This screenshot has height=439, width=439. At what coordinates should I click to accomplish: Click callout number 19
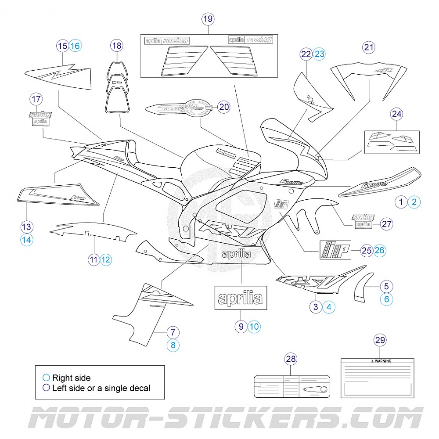208,19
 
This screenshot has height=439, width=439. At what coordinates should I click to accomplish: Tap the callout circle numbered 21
369,47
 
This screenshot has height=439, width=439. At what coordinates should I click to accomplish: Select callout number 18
116,45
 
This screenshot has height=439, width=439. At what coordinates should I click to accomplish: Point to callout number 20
224,107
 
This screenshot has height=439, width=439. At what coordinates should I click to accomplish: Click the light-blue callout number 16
76,45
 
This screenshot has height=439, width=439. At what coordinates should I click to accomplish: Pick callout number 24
396,114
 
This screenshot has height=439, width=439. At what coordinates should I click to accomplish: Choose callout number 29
380,339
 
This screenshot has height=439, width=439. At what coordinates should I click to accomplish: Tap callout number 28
291,359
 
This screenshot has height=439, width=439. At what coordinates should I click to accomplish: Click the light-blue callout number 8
173,345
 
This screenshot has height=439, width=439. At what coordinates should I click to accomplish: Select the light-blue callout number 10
254,326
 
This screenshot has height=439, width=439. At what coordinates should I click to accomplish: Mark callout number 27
386,223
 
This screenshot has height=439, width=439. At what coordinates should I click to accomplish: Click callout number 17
36,99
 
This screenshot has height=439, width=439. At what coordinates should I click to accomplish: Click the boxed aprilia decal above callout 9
241,299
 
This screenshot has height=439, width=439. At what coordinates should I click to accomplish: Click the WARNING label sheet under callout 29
377,378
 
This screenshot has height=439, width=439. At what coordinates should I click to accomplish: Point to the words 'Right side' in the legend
71,378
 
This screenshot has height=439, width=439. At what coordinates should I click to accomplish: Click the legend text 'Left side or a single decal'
101,388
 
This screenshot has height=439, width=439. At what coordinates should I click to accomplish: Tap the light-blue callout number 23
320,54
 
